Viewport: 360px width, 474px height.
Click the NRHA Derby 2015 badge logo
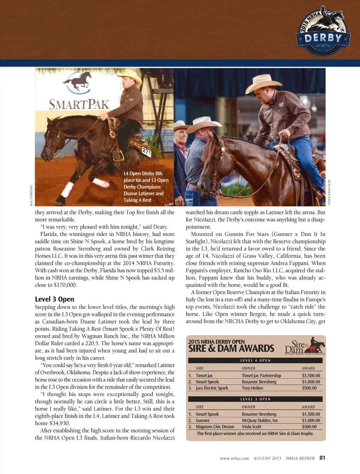[x=323, y=32]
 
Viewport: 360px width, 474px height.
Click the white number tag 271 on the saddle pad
[x=146, y=152]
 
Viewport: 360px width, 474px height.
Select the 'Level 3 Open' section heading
[x=54, y=299]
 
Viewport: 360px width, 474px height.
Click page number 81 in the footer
[x=322, y=457]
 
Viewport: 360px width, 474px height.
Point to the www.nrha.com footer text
[x=234, y=458]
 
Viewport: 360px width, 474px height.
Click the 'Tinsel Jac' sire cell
[x=204, y=376]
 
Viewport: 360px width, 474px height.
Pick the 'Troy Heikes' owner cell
[x=252, y=388]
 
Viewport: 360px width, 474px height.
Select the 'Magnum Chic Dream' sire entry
[x=215, y=427]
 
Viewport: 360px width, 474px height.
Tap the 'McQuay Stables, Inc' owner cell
[x=260, y=420]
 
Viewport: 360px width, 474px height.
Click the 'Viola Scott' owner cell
[x=251, y=427]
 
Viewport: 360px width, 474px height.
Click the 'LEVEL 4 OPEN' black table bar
[x=255, y=361]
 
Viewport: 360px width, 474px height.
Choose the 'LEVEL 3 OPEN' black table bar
[x=255, y=399]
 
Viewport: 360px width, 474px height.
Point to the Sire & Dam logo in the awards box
[x=304, y=346]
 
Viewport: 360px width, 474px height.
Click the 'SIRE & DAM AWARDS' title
[x=231, y=349]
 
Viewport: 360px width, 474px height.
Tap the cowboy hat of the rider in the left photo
[x=130, y=75]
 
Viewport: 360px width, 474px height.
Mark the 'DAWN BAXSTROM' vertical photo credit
[x=329, y=192]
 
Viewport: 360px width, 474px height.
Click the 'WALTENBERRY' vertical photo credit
[x=31, y=196]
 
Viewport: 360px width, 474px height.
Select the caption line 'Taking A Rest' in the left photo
[x=137, y=200]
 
